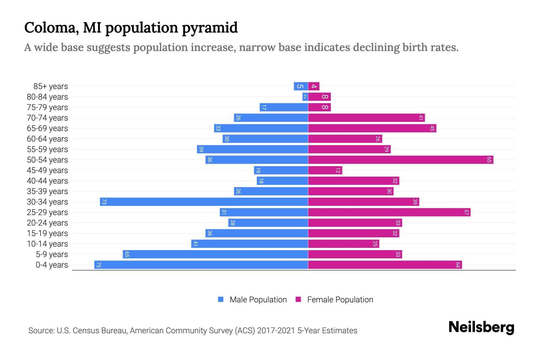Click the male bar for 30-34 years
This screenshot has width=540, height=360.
point(204,202)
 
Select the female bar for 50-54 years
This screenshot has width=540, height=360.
point(400,160)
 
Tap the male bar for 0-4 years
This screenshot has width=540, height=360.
point(201,265)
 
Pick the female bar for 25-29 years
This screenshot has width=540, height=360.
point(389,212)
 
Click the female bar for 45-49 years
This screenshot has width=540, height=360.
point(325,170)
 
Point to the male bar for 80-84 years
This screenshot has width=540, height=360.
point(305,97)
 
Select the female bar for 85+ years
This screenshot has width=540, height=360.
point(314,86)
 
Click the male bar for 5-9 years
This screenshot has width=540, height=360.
point(215,254)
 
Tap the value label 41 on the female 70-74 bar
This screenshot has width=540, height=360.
point(421,118)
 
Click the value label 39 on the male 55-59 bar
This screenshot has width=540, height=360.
point(201,149)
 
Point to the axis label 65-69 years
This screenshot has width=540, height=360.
point(47,128)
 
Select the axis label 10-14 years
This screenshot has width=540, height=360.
point(47,244)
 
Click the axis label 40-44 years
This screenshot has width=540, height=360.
point(47,181)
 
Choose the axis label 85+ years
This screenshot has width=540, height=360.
point(51,86)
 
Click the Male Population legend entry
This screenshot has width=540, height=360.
point(258,299)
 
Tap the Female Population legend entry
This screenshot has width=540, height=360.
point(340,299)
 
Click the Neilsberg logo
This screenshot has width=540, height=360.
point(481,327)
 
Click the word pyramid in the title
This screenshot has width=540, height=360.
point(210,28)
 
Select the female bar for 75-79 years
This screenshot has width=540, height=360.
point(319,107)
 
